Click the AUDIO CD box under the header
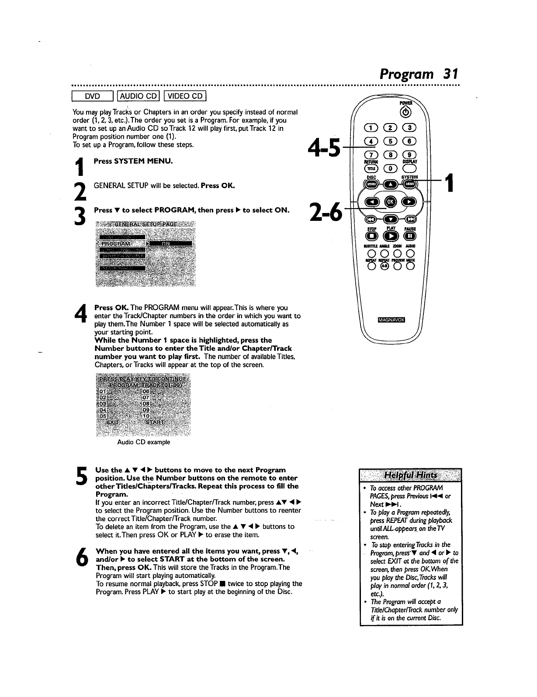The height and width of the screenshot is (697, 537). [138, 96]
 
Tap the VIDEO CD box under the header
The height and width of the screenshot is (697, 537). [186, 96]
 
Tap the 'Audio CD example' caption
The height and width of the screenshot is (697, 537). [144, 442]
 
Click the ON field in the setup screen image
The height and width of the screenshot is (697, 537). [171, 243]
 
